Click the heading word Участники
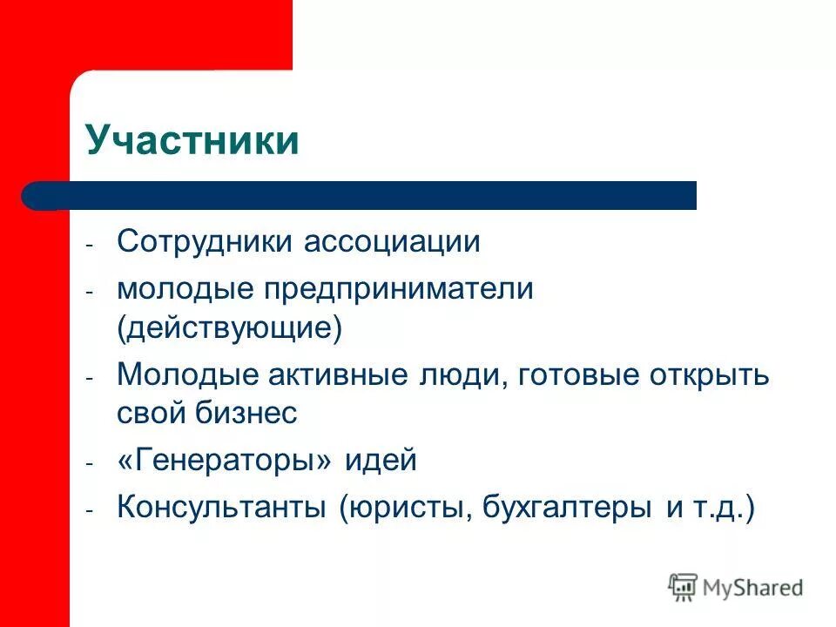pos(192,141)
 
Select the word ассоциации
pos(392,241)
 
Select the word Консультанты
pos(223,508)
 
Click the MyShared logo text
pos(753,588)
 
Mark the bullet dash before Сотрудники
pos(90,246)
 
